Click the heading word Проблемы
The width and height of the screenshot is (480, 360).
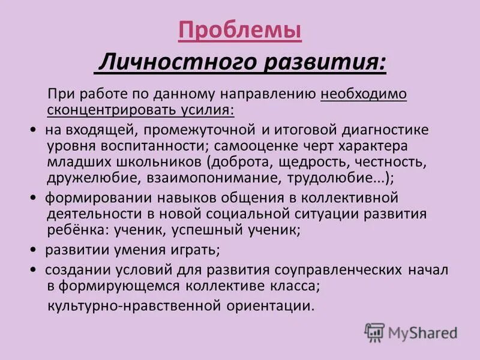(240, 30)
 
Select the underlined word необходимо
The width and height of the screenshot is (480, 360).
(364, 95)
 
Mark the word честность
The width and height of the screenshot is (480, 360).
(382, 162)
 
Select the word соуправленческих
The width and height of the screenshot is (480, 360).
(329, 270)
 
